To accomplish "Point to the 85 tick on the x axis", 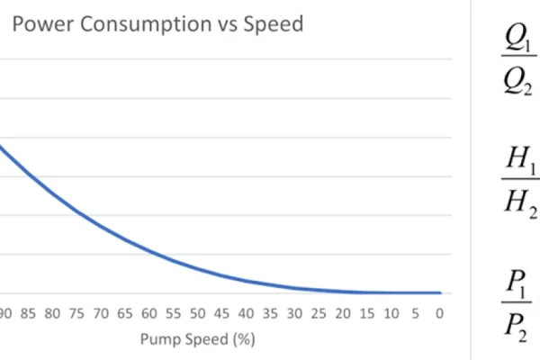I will click(x=27, y=314).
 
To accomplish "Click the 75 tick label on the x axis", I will click(x=76, y=314).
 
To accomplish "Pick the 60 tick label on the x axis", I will click(x=148, y=314).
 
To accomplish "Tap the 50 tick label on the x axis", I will click(x=197, y=314).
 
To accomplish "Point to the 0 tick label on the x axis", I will click(x=439, y=314).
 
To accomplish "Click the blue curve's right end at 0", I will click(x=440, y=292).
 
